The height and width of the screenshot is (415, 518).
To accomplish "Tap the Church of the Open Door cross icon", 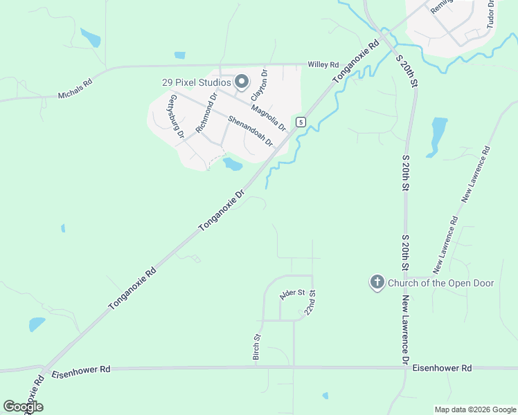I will tap(377, 282).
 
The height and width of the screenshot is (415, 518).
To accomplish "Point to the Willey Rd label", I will tap(323, 64).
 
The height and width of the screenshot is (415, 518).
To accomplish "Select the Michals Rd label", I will tap(75, 89).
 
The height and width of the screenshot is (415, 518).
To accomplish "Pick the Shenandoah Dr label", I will tap(250, 131).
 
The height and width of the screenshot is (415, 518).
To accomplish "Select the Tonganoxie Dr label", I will tap(222, 210).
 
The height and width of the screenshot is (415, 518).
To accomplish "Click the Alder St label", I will tap(292, 294).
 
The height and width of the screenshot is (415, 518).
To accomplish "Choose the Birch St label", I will tap(256, 347).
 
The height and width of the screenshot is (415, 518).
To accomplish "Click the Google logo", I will tap(23, 406).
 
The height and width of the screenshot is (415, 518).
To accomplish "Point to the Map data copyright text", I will tap(474, 409).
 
